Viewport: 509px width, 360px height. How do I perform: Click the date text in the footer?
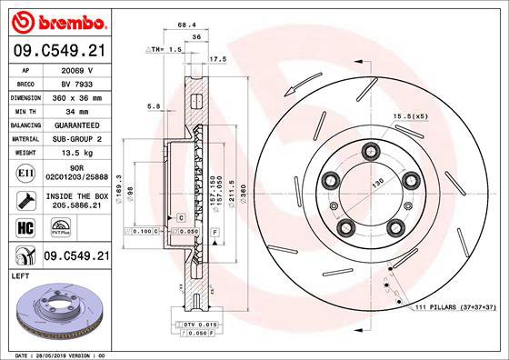[55, 355]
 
